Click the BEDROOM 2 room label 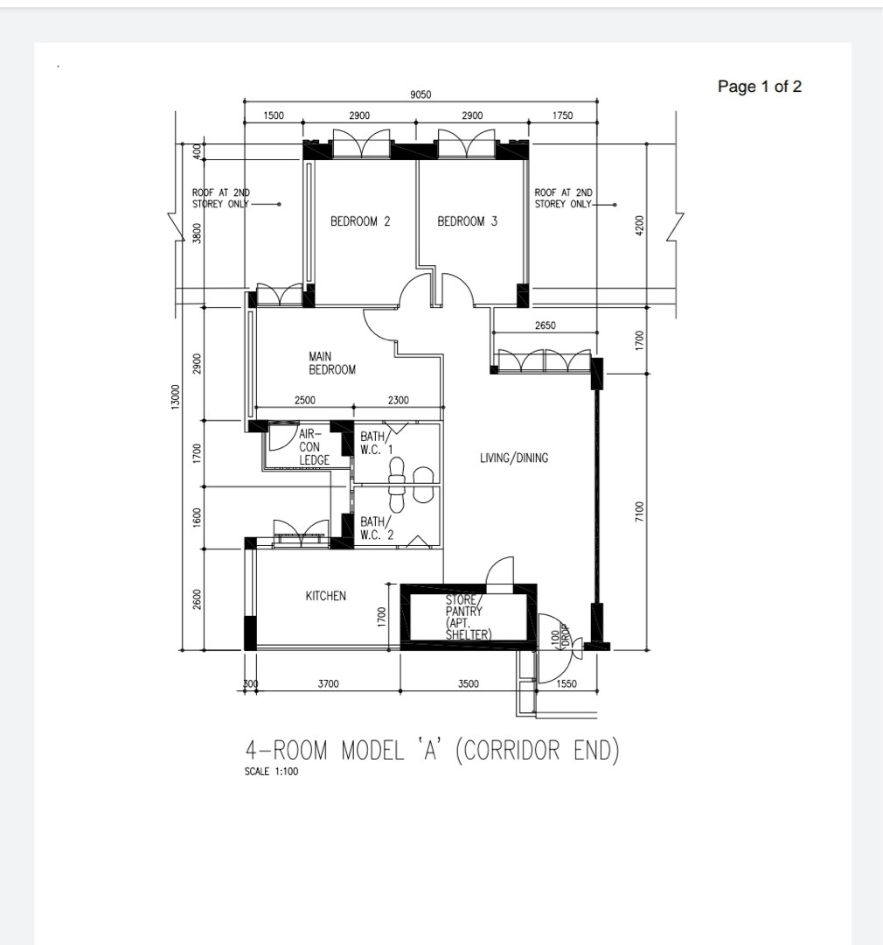tap(360, 221)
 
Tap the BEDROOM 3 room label tap(467, 221)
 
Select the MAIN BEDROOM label tap(332, 363)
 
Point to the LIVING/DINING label tap(514, 458)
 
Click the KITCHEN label tap(325, 596)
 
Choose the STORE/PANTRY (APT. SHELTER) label tap(468, 618)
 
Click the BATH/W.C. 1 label tap(378, 443)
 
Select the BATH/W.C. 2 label tap(378, 528)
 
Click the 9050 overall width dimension tap(421, 95)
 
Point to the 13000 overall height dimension tap(176, 396)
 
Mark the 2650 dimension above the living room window tap(545, 325)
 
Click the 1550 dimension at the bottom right tap(567, 684)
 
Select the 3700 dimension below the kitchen tap(328, 684)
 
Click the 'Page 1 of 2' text tap(759, 87)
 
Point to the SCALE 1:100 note tap(272, 772)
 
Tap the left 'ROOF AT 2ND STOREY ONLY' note tap(221, 198)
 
